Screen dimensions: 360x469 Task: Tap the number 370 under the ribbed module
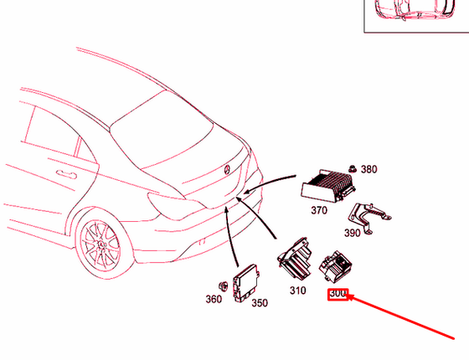click(x=319, y=211)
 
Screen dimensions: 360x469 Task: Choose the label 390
click(x=353, y=233)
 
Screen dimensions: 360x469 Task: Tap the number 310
click(x=297, y=291)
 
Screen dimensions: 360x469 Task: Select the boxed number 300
click(x=338, y=294)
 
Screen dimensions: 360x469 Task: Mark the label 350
click(x=260, y=302)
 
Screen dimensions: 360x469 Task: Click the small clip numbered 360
click(x=224, y=281)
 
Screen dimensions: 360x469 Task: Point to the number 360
click(x=214, y=300)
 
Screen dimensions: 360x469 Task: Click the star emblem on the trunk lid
click(x=226, y=170)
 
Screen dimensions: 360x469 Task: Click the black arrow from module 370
click(x=268, y=185)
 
